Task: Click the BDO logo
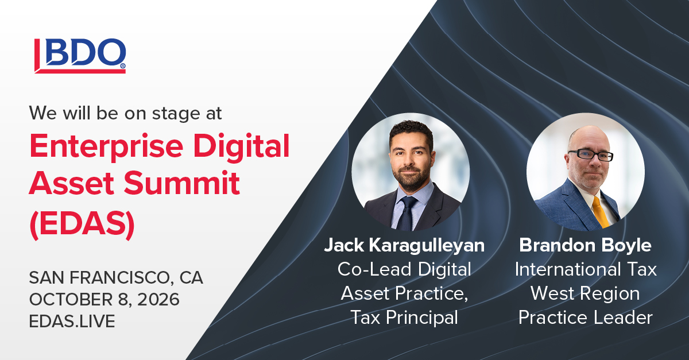coord(80,56)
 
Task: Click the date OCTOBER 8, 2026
coord(104,300)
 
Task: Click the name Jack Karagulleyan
coord(404,246)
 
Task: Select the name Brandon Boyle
coord(585,246)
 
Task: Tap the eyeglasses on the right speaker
coord(590,155)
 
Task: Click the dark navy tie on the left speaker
coord(408,212)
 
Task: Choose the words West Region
coord(585,293)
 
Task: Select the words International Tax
coord(585,269)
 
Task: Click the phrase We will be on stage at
coord(126,113)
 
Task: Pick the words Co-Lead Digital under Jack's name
coord(405,269)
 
